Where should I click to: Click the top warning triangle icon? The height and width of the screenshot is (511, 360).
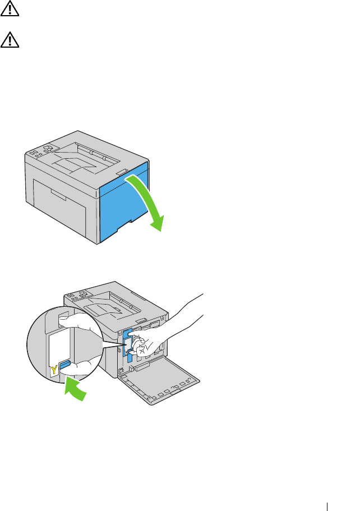pyautogui.click(x=10, y=8)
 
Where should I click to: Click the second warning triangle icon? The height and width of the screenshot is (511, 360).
pyautogui.click(x=10, y=40)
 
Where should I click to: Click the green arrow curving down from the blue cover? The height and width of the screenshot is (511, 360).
pyautogui.click(x=150, y=202)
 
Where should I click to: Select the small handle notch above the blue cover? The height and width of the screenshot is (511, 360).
pyautogui.click(x=122, y=172)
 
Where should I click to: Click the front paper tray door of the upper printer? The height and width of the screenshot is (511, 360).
pyautogui.click(x=59, y=208)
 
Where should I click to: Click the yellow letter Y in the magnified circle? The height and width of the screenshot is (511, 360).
pyautogui.click(x=54, y=369)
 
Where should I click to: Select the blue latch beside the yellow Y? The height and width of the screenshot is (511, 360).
pyautogui.click(x=64, y=365)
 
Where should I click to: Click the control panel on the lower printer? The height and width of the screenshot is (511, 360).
pyautogui.click(x=77, y=296)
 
